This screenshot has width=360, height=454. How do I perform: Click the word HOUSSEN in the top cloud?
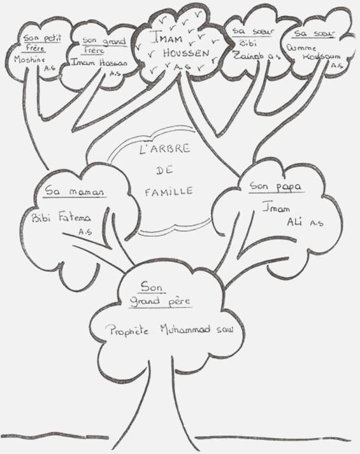(186, 53)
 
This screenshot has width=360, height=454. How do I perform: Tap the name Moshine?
(29, 60)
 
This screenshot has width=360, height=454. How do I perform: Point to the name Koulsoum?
(322, 56)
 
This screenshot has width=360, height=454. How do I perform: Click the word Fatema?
(75, 216)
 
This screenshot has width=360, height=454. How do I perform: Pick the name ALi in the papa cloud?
(295, 222)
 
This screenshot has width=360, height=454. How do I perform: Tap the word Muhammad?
(185, 329)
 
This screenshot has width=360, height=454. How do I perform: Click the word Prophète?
(127, 330)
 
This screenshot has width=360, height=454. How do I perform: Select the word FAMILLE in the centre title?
(169, 192)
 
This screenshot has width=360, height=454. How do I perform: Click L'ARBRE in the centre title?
(164, 149)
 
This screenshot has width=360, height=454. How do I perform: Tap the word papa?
(287, 187)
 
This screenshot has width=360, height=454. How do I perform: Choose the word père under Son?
(179, 301)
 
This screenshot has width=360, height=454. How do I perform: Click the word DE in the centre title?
(164, 171)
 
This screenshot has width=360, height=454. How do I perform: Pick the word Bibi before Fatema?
(41, 217)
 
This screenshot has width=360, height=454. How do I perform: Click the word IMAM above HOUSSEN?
(167, 39)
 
